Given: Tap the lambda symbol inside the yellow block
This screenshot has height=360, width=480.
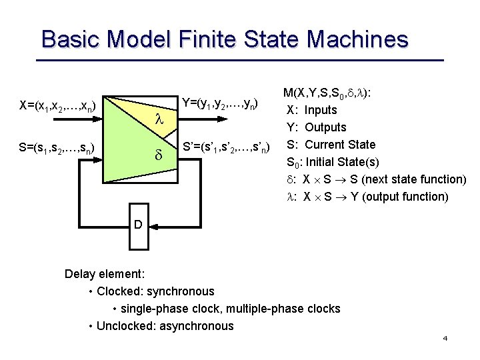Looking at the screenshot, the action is [158, 119].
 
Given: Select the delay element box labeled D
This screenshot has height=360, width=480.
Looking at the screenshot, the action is [138, 225].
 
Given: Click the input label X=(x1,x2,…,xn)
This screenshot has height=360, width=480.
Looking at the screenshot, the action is [61, 105].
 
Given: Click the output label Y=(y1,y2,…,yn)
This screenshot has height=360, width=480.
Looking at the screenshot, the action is [219, 103].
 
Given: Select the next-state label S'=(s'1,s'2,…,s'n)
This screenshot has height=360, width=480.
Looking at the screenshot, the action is [227, 146].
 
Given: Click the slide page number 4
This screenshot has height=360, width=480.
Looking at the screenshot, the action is [445, 339].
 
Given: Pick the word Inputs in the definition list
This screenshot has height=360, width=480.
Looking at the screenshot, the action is [321, 110].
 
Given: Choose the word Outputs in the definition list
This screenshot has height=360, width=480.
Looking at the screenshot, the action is [325, 127].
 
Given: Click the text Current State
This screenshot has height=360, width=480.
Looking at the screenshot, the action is [340, 145].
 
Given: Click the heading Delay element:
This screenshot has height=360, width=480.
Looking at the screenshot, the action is [105, 274].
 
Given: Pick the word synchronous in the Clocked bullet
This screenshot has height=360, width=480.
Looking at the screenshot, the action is [180, 291].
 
